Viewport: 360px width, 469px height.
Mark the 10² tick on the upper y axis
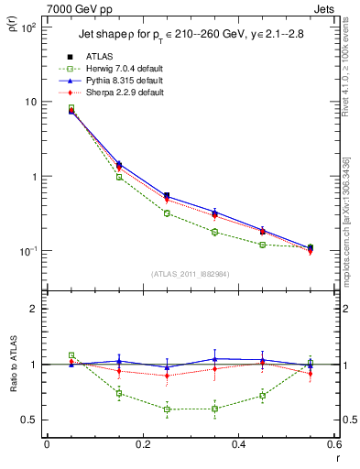[28, 27]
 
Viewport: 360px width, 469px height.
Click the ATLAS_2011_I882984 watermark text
[191, 274]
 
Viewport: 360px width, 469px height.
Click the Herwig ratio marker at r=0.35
[214, 409]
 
